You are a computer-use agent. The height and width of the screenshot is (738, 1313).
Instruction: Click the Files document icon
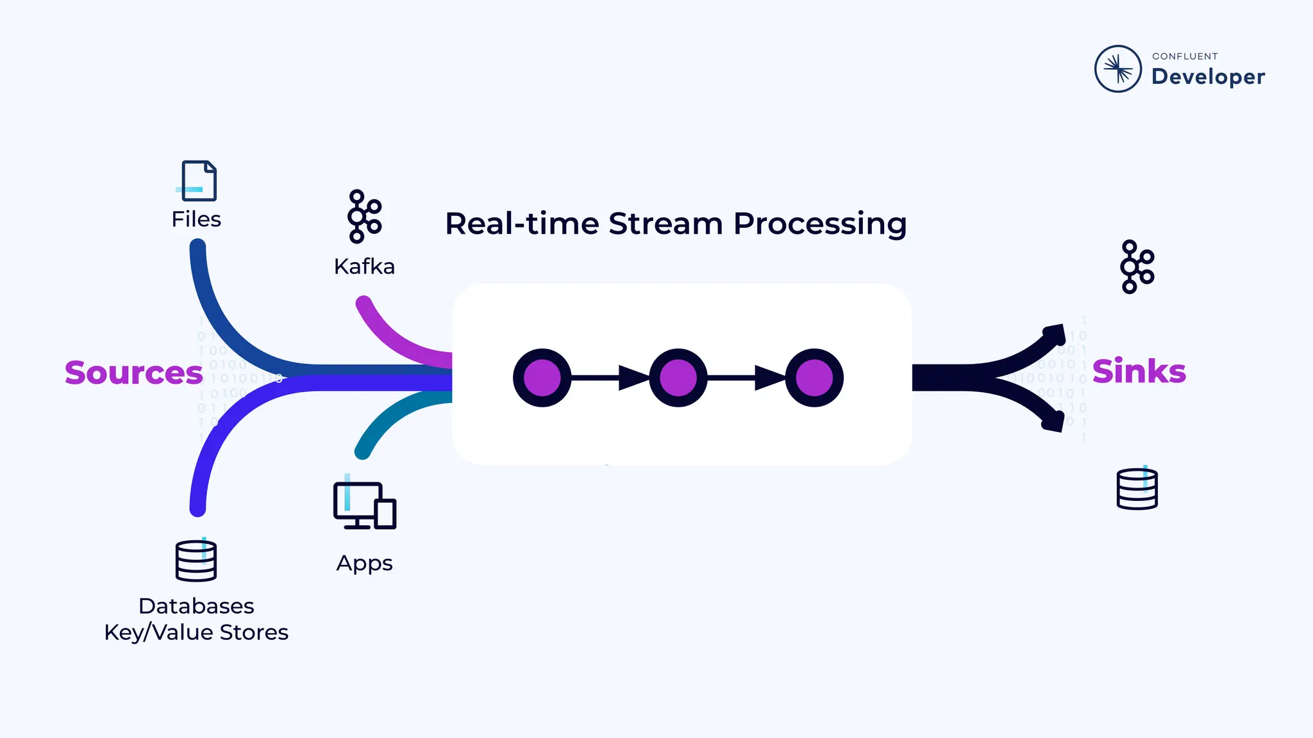point(198,181)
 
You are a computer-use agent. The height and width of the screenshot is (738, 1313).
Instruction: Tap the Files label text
point(196,220)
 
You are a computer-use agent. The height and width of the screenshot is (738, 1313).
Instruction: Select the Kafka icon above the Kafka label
point(364,217)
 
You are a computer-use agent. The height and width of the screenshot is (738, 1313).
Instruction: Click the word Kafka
point(364,266)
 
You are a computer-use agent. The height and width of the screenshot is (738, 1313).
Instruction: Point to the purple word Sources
point(133,373)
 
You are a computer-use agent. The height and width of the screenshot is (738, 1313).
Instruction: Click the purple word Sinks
point(1139,372)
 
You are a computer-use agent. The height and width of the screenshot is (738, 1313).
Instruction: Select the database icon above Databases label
point(196,561)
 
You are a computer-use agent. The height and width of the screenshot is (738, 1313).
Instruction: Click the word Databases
point(196,606)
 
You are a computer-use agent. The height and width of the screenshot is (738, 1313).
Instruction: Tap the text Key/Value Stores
point(196,633)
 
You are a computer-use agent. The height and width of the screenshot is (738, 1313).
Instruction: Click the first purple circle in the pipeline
point(542,378)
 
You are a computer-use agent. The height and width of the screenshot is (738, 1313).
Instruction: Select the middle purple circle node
point(678,378)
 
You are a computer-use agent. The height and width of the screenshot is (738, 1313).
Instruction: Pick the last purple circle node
point(814,378)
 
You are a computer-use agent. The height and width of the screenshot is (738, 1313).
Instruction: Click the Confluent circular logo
point(1117,69)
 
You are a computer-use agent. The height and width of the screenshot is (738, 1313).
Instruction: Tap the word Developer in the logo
point(1208,77)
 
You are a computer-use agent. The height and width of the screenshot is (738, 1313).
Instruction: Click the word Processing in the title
point(819,224)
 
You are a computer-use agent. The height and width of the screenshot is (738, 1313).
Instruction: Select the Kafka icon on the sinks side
point(1137,267)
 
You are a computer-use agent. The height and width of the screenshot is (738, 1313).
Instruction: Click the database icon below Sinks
point(1137,489)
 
